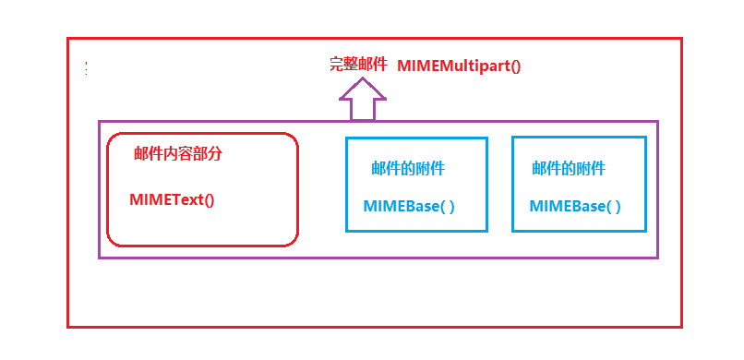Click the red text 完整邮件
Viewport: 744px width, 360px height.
point(358,66)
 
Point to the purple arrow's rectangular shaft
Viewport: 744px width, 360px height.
point(362,109)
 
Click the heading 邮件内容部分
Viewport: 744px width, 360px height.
point(178,154)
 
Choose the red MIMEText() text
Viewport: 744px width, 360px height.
point(172,199)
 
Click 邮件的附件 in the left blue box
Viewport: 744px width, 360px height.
point(408,168)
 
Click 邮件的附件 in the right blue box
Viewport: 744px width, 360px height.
point(569,168)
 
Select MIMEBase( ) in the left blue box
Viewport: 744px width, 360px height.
point(409,206)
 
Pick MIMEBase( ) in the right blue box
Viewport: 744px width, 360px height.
point(575,206)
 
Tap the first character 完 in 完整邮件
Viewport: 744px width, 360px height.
point(337,66)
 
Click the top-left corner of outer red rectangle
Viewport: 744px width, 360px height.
point(68,39)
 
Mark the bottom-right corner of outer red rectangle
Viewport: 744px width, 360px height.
point(681,327)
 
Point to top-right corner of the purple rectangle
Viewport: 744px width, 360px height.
point(657,121)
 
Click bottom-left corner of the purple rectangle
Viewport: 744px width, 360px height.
point(100,258)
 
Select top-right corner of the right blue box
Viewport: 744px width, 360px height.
point(645,138)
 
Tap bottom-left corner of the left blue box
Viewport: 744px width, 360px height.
point(347,231)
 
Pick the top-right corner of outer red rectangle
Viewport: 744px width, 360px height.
point(681,39)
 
